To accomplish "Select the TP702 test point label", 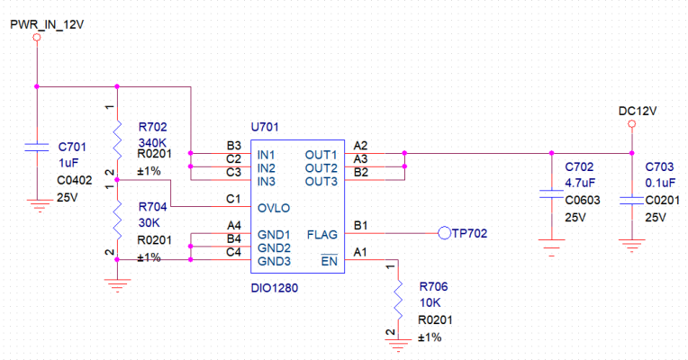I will click(x=469, y=233).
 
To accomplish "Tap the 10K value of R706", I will click(x=430, y=302).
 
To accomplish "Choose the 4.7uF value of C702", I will click(x=580, y=184).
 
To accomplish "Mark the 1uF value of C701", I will click(x=68, y=162).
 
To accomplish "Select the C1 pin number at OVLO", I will click(x=231, y=198).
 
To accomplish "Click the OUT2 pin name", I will click(x=321, y=168).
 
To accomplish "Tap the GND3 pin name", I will click(x=274, y=261).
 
